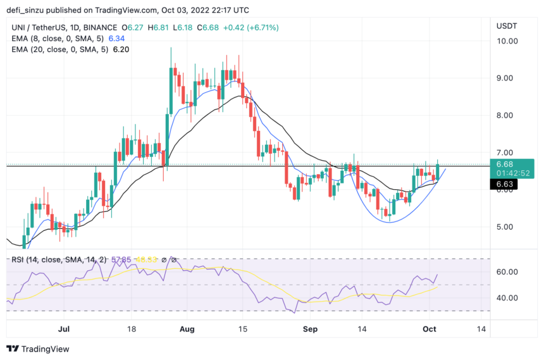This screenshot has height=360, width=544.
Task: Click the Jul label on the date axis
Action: coord(63,329)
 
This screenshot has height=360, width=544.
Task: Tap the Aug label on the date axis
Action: coord(187,329)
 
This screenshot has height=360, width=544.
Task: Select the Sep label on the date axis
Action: coord(309,329)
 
